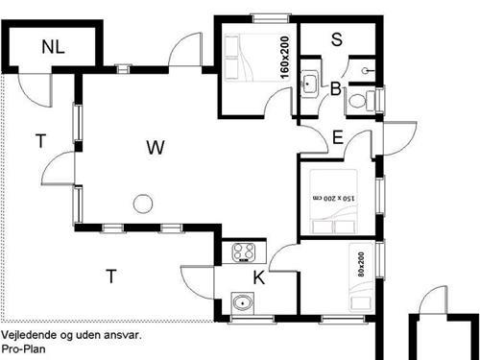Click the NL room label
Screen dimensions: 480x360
[x=53, y=47]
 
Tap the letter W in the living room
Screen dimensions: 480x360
[x=156, y=148]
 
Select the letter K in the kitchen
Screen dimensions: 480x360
[x=259, y=277]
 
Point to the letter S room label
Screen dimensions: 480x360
[x=337, y=39]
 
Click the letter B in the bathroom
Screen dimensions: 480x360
[x=335, y=88]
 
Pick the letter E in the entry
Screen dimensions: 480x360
[x=338, y=137]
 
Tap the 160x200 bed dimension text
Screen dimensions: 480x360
[x=284, y=58]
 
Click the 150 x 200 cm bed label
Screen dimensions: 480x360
[x=334, y=198]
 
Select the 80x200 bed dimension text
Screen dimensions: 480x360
[x=361, y=264]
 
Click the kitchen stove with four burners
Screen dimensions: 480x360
[x=244, y=252]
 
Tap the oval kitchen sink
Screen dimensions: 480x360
[x=243, y=302]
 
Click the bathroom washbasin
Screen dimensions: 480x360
[x=309, y=84]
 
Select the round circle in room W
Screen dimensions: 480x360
[x=143, y=204]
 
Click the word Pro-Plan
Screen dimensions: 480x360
[x=23, y=348]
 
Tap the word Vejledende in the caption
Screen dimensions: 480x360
[x=29, y=335]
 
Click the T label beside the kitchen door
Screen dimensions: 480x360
[x=111, y=276]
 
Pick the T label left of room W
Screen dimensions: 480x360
[x=40, y=141]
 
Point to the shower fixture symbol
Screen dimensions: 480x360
[x=367, y=71]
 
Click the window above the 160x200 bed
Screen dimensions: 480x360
[x=271, y=18]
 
